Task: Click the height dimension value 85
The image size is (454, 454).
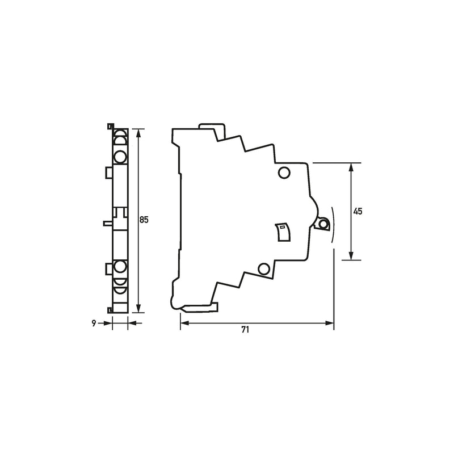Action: click(x=144, y=220)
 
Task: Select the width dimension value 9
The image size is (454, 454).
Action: click(x=94, y=323)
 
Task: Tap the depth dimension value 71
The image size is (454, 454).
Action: click(x=245, y=330)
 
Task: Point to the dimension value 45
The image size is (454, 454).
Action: click(x=358, y=211)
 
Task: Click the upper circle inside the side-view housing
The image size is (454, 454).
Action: click(x=284, y=173)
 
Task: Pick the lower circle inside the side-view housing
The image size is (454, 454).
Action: click(x=264, y=268)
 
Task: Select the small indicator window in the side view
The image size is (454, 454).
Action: click(x=283, y=232)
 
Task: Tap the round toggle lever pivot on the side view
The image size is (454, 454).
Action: click(x=323, y=224)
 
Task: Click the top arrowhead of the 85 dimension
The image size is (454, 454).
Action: click(x=138, y=133)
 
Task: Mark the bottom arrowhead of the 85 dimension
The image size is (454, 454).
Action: click(x=138, y=308)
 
